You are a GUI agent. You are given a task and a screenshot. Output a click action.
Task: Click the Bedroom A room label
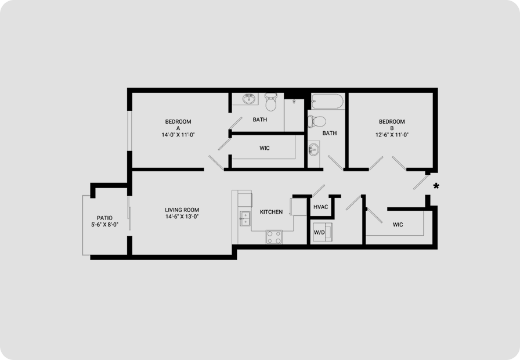(x=178, y=125)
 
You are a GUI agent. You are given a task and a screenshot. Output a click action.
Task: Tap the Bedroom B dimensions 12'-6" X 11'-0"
(x=392, y=135)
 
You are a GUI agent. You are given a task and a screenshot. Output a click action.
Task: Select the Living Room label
(x=182, y=210)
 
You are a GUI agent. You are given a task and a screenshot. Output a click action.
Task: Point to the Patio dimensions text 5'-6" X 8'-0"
(x=105, y=225)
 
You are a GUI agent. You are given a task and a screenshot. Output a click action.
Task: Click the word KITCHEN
(x=271, y=212)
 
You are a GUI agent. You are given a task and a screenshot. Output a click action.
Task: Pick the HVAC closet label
(x=321, y=207)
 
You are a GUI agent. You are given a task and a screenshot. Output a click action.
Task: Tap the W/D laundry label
(x=319, y=233)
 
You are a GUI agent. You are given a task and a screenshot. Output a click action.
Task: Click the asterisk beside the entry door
(x=436, y=186)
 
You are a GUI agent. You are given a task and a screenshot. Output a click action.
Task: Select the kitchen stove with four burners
(x=275, y=237)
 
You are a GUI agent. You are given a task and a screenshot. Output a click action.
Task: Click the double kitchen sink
(x=245, y=218)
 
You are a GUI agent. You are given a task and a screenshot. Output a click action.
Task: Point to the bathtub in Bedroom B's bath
(x=327, y=101)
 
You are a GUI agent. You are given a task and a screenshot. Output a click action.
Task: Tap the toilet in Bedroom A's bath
(x=270, y=102)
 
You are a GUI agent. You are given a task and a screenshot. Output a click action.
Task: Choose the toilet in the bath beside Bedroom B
(x=317, y=121)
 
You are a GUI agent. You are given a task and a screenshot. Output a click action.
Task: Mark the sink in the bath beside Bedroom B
(x=313, y=150)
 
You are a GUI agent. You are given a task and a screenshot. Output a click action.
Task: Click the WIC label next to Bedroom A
(x=265, y=148)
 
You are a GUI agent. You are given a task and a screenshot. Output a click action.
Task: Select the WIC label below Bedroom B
(x=398, y=225)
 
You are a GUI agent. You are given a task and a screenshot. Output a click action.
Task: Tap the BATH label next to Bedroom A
(x=260, y=120)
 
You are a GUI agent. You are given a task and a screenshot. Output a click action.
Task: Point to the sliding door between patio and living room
(x=129, y=218)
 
